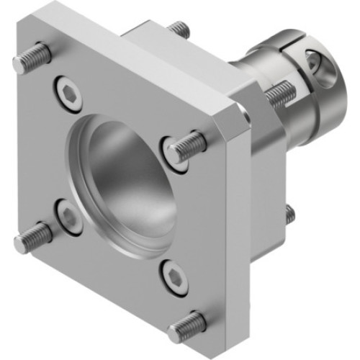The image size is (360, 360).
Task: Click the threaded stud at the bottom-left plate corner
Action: (32, 238)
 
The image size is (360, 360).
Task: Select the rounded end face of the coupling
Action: (331, 79)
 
